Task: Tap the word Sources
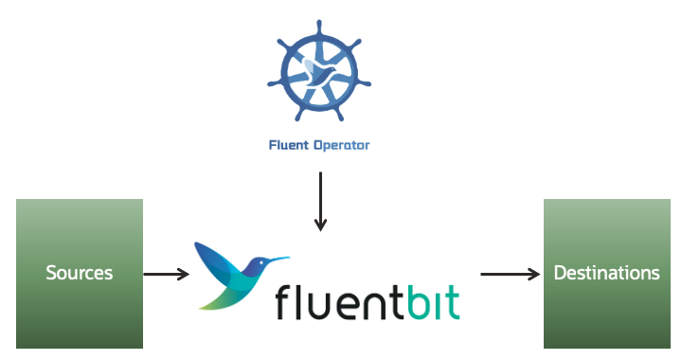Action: click(x=80, y=274)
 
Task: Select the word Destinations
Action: click(x=606, y=274)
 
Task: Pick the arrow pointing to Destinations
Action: click(x=510, y=275)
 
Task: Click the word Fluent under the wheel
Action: click(x=290, y=147)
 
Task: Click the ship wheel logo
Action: click(x=320, y=74)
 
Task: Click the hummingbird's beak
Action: click(x=278, y=258)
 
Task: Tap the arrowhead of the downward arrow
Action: click(x=320, y=225)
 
